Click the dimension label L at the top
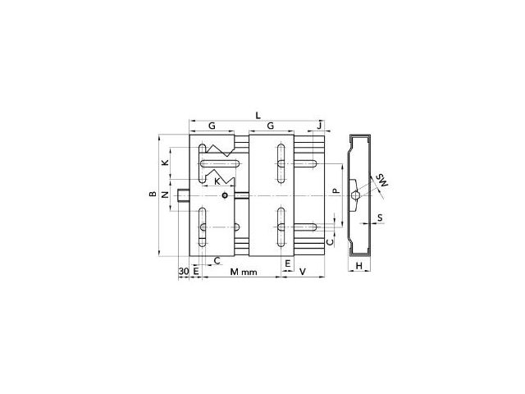coord(258,116)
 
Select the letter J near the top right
coord(320,126)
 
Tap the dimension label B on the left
coord(153,194)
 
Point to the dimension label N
coord(165,194)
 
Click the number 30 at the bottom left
coord(184,271)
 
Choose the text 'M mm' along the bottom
coord(244,272)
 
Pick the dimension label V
coord(303,272)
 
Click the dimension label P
coord(336,191)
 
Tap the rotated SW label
coord(382,180)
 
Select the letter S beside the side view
coord(380,218)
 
